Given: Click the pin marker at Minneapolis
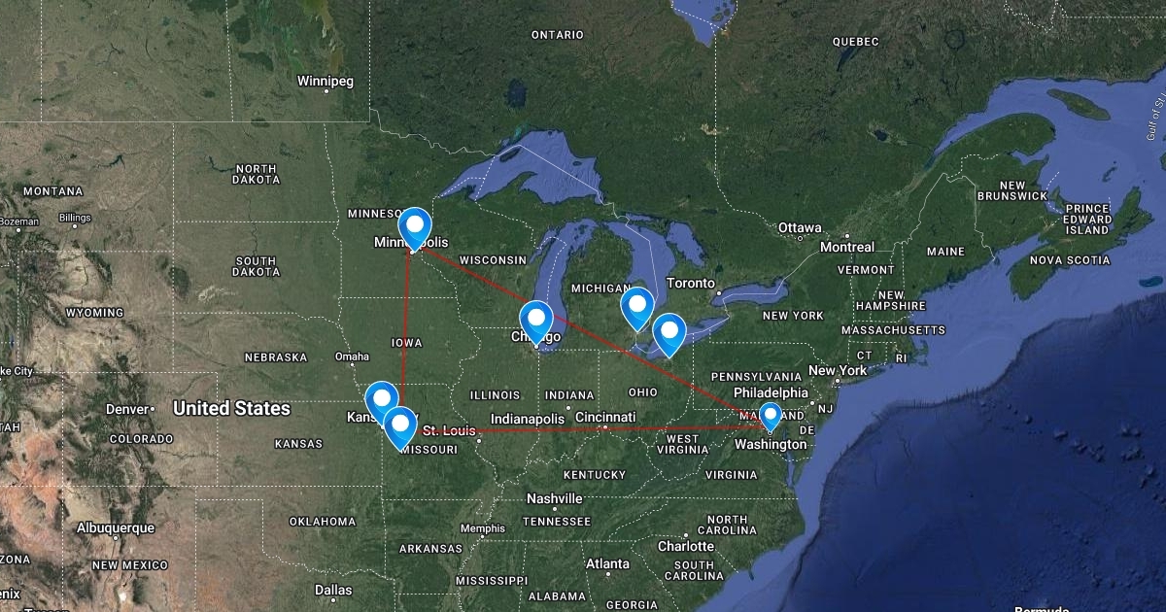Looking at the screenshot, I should pos(415,227).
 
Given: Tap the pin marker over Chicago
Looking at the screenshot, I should pos(536,320).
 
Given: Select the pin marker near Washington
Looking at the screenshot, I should pos(771,416).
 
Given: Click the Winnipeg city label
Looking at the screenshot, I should pos(326,81).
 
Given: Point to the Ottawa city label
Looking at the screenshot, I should pos(800,227).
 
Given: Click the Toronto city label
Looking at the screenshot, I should pos(691,284).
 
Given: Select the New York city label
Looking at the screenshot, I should pos(837,370).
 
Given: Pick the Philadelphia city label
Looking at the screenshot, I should pos(772,392).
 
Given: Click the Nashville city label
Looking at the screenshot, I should pos(554,498).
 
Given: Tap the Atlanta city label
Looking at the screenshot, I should pos(606,563).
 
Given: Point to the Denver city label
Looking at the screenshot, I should pos(127,409).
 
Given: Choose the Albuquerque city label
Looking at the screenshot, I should pos(116,527).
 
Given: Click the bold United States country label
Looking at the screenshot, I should pos(231,409).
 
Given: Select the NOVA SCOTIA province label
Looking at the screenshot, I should pos(1069,259).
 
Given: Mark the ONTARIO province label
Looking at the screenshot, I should pos(558,35).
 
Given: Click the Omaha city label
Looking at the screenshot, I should pos(352,357).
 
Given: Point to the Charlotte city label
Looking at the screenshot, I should pos(685,546).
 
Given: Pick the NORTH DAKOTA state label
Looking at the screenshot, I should pos(256,174).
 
